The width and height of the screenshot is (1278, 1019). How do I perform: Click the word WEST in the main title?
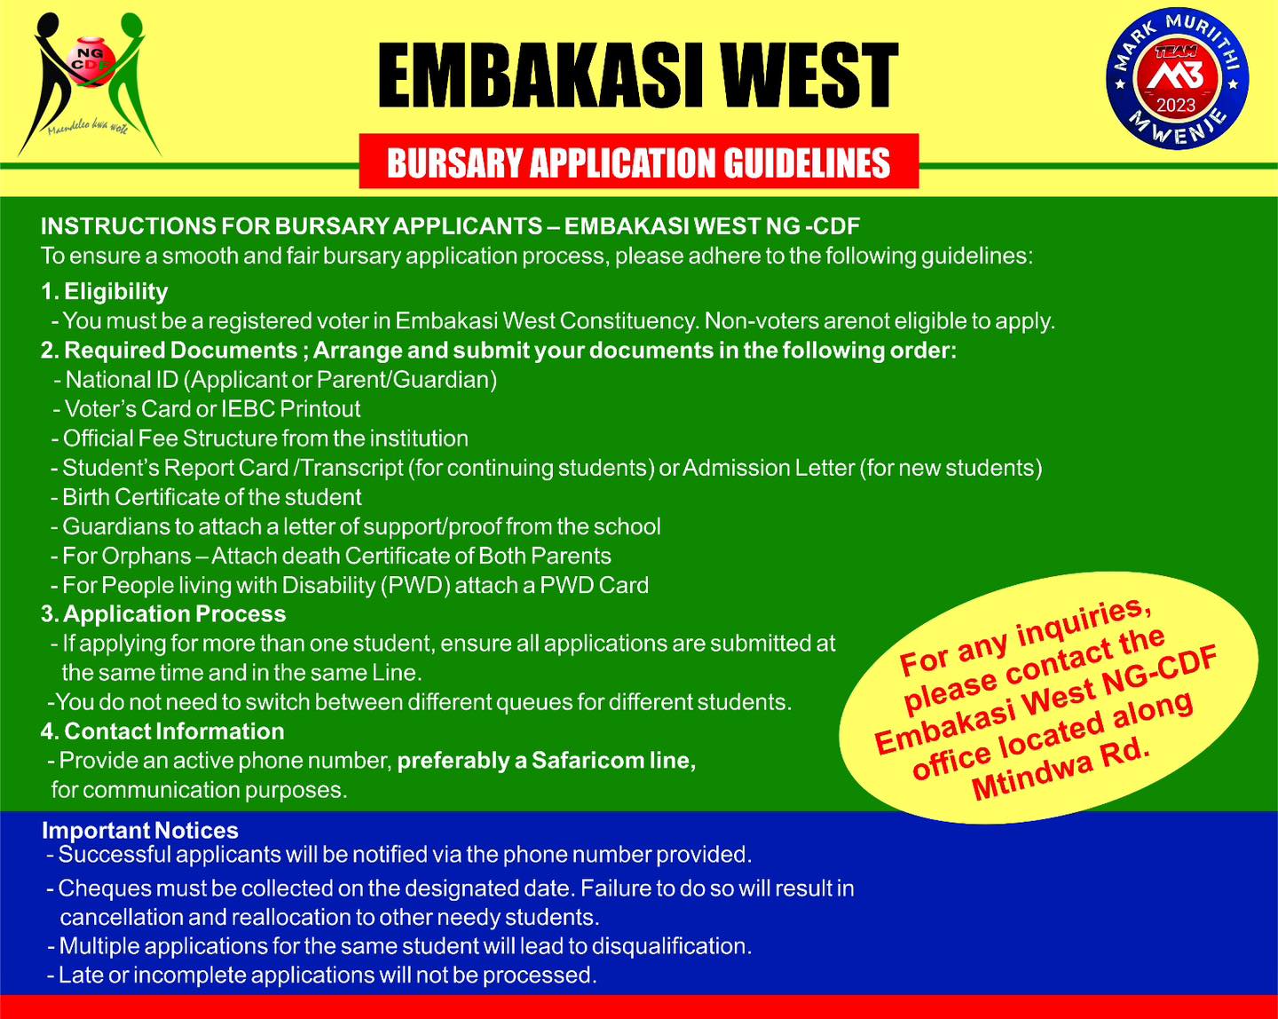click(809, 75)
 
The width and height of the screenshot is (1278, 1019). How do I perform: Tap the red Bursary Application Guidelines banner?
click(639, 162)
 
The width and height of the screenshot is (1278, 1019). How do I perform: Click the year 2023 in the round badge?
click(1176, 106)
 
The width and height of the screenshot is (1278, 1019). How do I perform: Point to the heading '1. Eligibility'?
click(105, 291)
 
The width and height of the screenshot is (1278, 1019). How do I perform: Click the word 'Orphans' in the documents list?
click(146, 557)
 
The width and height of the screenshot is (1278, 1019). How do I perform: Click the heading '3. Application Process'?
click(163, 613)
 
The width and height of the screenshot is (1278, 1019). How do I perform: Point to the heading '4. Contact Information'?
click(162, 731)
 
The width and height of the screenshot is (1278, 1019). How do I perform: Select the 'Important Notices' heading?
click(140, 830)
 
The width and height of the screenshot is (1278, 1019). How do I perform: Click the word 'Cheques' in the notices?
click(96, 889)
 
